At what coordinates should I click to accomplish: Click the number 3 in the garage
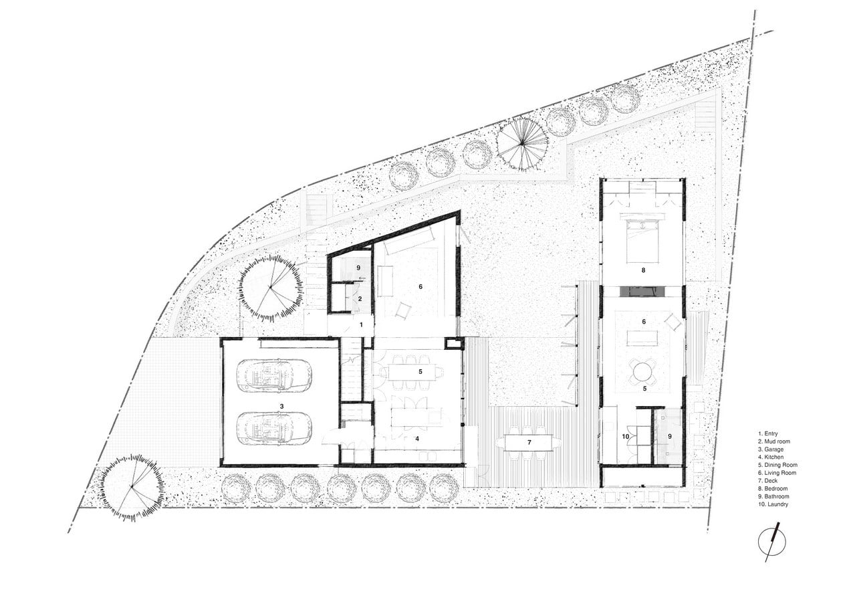pyautogui.click(x=281, y=406)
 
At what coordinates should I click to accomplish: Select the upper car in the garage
pyautogui.click(x=274, y=375)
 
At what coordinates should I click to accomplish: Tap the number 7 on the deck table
pyautogui.click(x=529, y=442)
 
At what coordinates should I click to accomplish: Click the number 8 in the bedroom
pyautogui.click(x=643, y=270)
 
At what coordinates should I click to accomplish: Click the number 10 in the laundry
pyautogui.click(x=626, y=437)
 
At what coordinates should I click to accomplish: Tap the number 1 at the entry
pyautogui.click(x=361, y=325)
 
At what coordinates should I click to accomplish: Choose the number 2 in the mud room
pyautogui.click(x=360, y=299)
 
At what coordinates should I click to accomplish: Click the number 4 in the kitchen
pyautogui.click(x=417, y=438)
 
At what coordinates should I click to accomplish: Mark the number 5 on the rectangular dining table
pyautogui.click(x=420, y=372)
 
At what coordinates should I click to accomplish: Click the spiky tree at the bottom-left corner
pyautogui.click(x=132, y=487)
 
